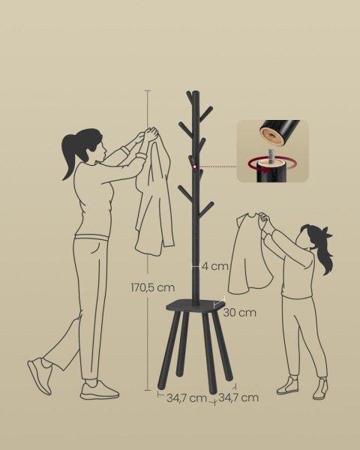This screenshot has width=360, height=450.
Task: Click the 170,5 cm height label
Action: point(152,287)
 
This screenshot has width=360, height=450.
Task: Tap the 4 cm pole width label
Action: point(215,266)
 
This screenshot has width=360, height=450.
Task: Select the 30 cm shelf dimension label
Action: point(239,312)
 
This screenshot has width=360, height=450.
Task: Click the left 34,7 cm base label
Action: point(187,398)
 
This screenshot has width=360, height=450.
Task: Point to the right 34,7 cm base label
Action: point(238,397)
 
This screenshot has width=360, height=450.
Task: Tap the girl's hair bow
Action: point(328,232)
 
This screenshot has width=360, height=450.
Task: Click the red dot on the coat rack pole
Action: point(195,166)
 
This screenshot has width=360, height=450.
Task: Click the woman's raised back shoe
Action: point(40,375)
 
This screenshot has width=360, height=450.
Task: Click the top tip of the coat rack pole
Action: point(196,92)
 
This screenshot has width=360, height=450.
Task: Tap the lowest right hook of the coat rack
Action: point(206,209)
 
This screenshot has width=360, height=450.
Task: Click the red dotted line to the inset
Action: point(217,166)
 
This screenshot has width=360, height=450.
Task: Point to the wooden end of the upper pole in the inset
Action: point(271,135)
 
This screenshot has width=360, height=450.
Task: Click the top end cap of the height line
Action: point(148,91)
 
